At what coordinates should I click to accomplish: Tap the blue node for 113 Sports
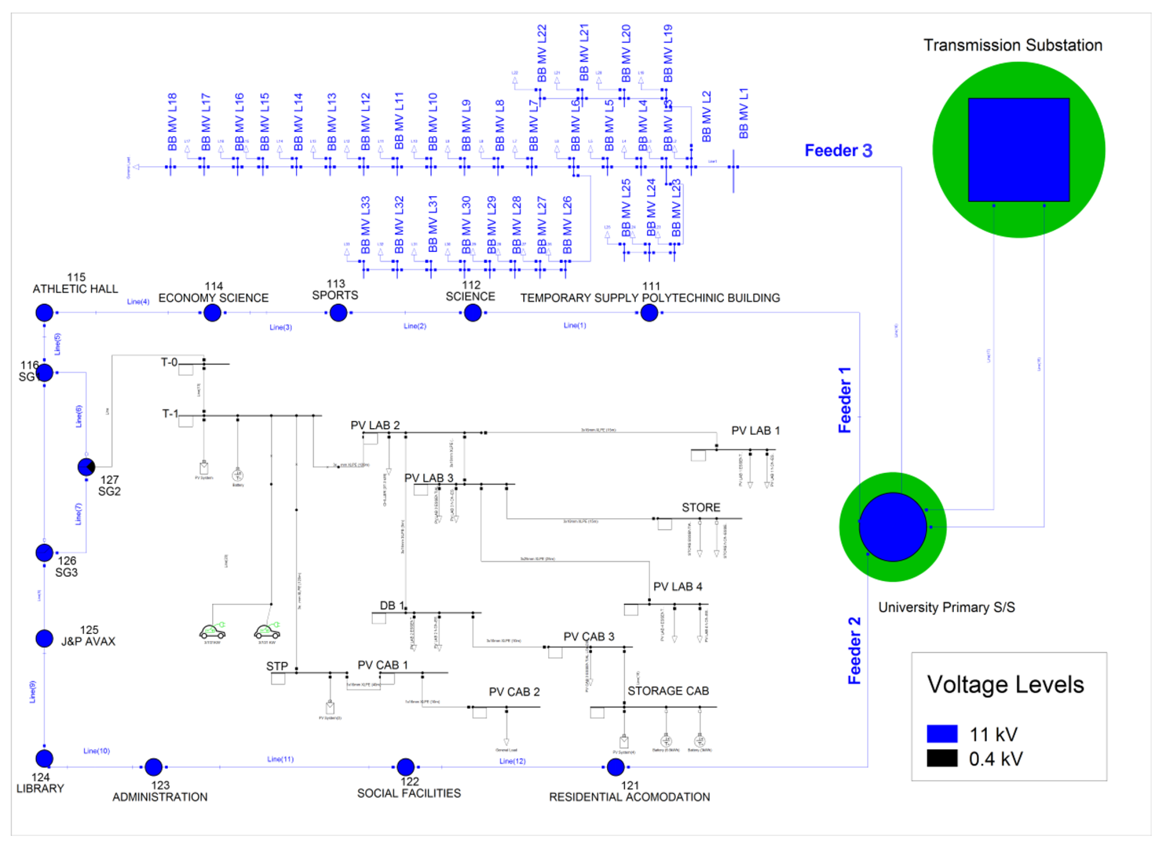(338, 313)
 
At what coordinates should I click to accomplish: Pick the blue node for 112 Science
(472, 313)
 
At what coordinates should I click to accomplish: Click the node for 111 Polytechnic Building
(649, 313)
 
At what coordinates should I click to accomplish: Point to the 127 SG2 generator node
(86, 467)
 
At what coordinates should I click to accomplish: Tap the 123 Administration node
(154, 767)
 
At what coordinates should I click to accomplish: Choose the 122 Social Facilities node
(405, 767)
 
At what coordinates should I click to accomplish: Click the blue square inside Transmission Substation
(1018, 149)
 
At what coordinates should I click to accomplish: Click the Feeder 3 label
(838, 151)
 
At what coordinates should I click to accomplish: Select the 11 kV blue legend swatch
(942, 733)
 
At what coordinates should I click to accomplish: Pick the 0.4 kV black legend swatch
(942, 758)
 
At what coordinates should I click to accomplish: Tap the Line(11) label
(280, 759)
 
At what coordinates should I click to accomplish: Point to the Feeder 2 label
(854, 651)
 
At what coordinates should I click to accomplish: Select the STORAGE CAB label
(668, 691)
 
